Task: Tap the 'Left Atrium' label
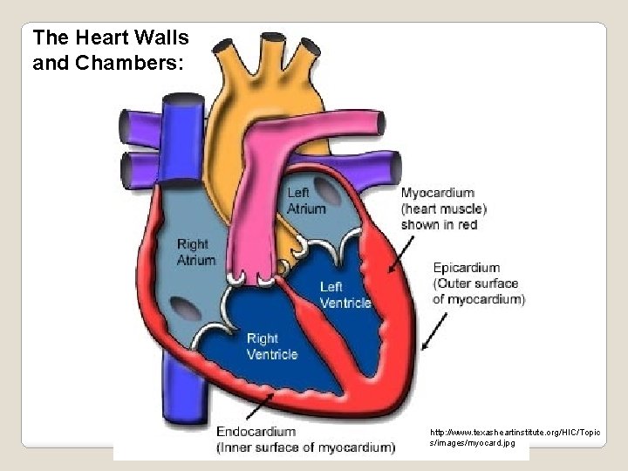tap(306, 201)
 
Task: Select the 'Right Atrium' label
tap(196, 251)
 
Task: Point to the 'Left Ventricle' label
tap(345, 295)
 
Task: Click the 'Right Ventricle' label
tap(272, 346)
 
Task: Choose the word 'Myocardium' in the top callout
tap(437, 193)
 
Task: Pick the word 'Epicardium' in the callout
tap(467, 267)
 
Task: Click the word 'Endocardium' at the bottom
tap(256, 431)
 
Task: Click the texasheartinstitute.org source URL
tap(478, 437)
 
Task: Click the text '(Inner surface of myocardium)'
tap(305, 447)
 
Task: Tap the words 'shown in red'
tap(439, 224)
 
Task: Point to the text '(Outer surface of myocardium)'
tap(479, 291)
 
